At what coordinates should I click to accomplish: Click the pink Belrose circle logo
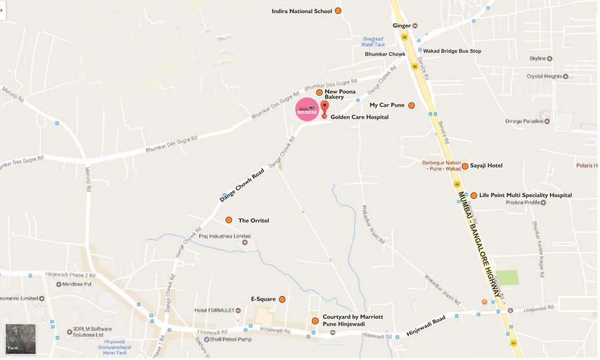click(x=307, y=109)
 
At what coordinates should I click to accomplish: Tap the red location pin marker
click(x=324, y=107)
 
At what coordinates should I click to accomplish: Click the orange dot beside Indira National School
click(x=337, y=11)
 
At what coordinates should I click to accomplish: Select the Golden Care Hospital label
click(x=359, y=117)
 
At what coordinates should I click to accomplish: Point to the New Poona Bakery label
click(x=340, y=94)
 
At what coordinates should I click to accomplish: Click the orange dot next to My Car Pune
click(x=411, y=105)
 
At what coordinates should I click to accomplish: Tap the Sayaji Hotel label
click(x=486, y=166)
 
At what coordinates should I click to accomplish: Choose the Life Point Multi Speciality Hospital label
click(x=525, y=195)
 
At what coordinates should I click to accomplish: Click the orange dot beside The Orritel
click(x=229, y=220)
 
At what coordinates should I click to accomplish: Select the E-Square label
click(x=263, y=299)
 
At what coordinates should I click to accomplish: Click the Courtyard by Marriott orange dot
click(x=315, y=321)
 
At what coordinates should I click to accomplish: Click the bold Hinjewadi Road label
click(x=426, y=326)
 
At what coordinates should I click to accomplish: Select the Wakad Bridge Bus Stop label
click(x=452, y=51)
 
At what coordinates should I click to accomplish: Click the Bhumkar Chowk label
click(x=385, y=54)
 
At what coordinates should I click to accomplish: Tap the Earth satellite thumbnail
click(x=21, y=338)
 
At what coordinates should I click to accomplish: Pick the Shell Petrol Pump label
click(x=230, y=339)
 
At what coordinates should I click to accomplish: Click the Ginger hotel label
click(x=402, y=26)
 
